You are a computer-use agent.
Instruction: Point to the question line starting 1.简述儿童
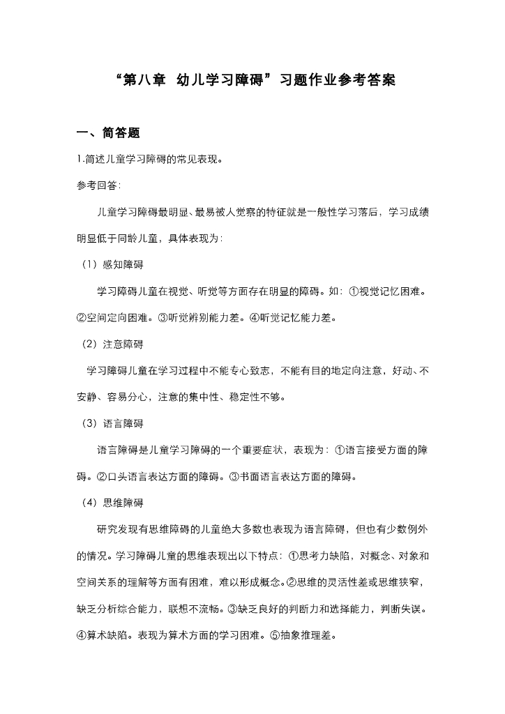pos(150,159)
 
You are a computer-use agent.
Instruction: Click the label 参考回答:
pos(98,185)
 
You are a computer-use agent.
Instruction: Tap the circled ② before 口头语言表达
pos(101,477)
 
